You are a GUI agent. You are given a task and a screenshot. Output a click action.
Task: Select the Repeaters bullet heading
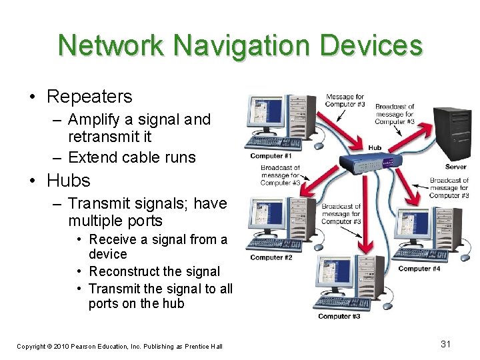tap(89, 97)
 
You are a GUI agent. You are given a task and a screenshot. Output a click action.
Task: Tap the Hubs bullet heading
tap(68, 181)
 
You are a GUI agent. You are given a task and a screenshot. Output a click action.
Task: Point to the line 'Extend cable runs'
tap(132, 157)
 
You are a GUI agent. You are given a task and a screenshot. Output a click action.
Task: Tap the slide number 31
tap(446, 344)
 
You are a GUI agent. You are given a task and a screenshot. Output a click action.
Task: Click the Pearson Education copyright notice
tap(119, 346)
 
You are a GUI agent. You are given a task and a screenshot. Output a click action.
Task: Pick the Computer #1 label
tap(272, 156)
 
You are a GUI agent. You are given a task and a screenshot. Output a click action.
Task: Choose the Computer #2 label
tap(271, 258)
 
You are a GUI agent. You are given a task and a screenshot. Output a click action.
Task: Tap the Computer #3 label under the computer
tap(339, 316)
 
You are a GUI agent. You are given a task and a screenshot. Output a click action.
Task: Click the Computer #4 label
tap(419, 269)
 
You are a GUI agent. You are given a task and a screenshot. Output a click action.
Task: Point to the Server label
tap(455, 167)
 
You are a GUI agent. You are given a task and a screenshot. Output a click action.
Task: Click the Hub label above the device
tap(375, 147)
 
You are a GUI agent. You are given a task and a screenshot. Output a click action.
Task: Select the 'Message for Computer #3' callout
tap(345, 101)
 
